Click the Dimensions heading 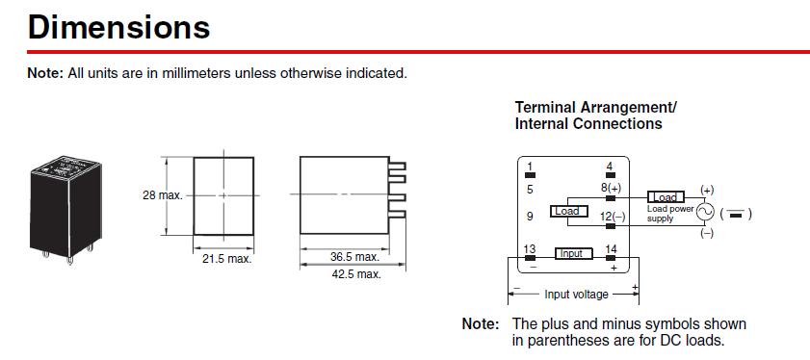pos(118,27)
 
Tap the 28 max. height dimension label pos(163,195)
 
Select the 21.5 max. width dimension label pos(226,259)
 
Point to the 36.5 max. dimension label pos(354,257)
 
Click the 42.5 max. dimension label pos(356,274)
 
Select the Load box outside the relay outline pos(666,196)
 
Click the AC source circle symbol pos(705,212)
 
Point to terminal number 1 pos(530,167)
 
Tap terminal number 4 pos(610,167)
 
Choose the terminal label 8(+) pos(612,188)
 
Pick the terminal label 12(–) pos(613,217)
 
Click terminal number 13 pos(530,249)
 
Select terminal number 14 pos(611,249)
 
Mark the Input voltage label pos(577,295)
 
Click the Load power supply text pos(670,214)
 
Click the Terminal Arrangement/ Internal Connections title pos(596,116)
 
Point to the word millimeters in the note pos(196,73)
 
